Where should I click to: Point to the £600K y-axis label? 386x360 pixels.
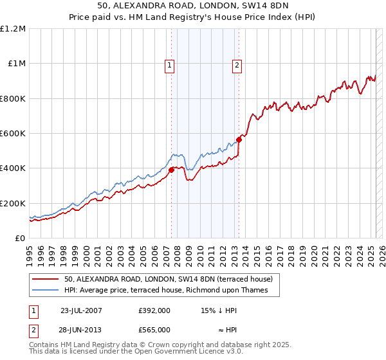click(14, 134)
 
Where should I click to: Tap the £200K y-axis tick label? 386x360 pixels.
click(14, 203)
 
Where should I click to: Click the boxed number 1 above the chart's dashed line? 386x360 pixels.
click(169, 64)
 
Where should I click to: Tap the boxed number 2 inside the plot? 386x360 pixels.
click(237, 64)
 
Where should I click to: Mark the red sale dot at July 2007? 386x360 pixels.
click(172, 170)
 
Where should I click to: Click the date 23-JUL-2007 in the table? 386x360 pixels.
click(80, 310)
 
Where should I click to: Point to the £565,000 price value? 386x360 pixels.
click(154, 329)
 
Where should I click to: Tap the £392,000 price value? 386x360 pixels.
click(154, 310)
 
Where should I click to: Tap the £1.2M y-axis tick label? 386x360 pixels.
click(14, 29)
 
